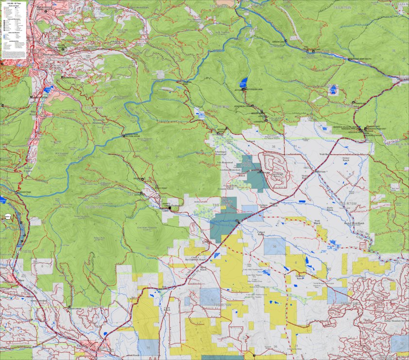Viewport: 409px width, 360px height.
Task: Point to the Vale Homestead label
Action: (228, 162)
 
